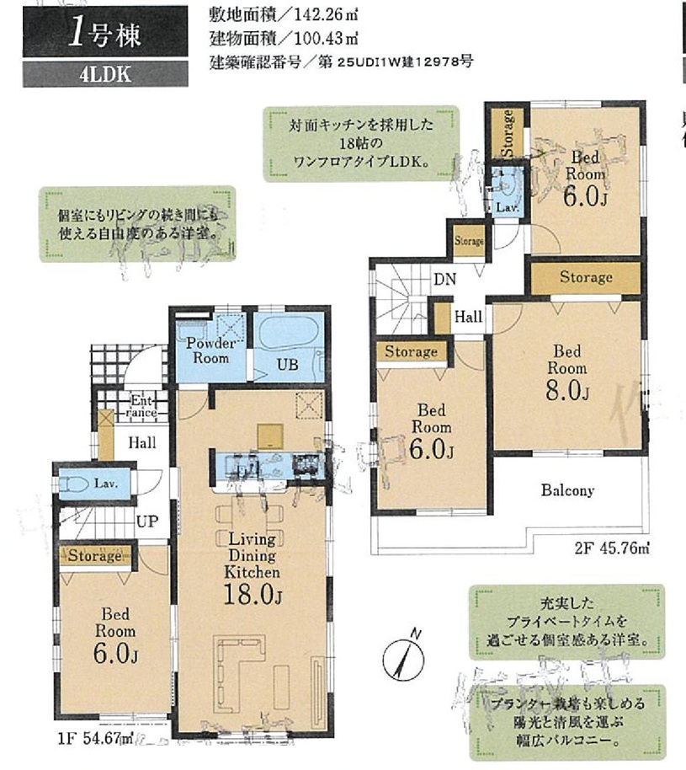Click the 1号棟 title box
[105, 33]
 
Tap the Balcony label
[567, 490]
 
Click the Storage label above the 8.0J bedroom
[586, 277]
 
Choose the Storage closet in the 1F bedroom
[96, 556]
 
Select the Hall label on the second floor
[468, 317]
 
